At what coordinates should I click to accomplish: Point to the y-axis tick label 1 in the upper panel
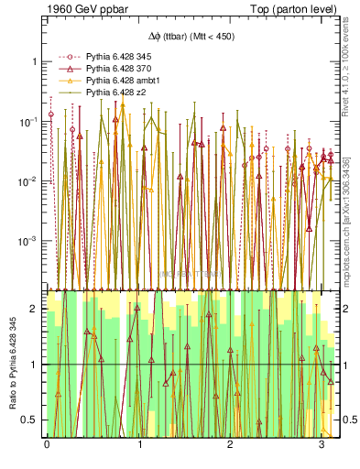coord(34,61)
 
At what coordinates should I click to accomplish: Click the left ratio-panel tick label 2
coord(34,310)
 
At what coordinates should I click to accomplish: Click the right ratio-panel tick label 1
coord(347,365)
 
